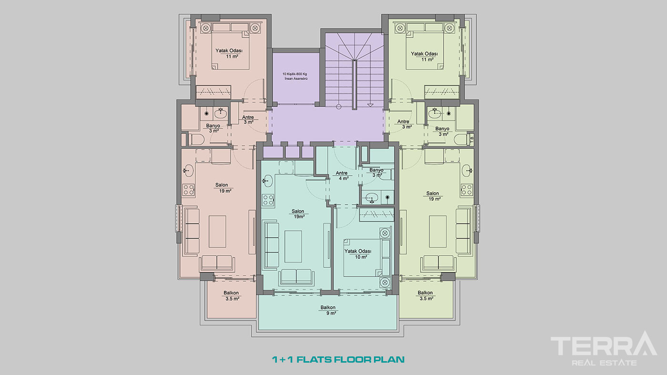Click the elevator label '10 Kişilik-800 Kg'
[295, 74]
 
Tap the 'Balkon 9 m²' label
[328, 310]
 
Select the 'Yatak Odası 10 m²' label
[358, 254]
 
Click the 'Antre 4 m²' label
[342, 176]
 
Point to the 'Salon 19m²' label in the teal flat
[298, 214]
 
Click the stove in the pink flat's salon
[189, 190]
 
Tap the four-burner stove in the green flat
[466, 190]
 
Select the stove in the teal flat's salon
[268, 200]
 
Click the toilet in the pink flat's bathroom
[196, 139]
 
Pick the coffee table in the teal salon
[293, 247]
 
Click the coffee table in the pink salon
[217, 232]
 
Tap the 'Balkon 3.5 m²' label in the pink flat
[232, 296]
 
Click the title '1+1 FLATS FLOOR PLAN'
[338, 360]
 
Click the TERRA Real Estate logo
[604, 349]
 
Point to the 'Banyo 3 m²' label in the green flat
[443, 131]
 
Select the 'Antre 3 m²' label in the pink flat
[248, 120]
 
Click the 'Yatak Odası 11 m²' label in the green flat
[424, 57]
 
